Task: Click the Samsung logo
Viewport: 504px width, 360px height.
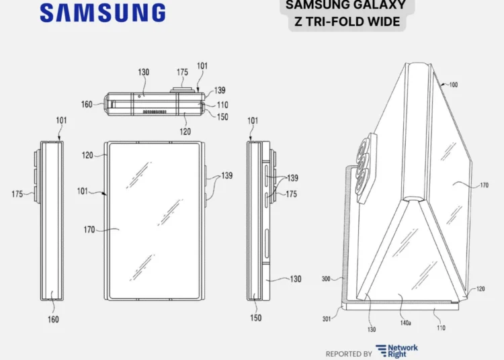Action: [102, 12]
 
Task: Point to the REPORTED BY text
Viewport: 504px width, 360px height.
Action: [349, 353]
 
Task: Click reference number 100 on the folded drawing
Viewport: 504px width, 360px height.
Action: [453, 85]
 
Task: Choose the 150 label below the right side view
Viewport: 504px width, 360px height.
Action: [255, 318]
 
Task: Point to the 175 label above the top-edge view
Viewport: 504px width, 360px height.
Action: [182, 72]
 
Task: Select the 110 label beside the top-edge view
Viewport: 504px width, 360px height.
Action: [222, 105]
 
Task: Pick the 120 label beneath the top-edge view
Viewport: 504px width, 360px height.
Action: [185, 132]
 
